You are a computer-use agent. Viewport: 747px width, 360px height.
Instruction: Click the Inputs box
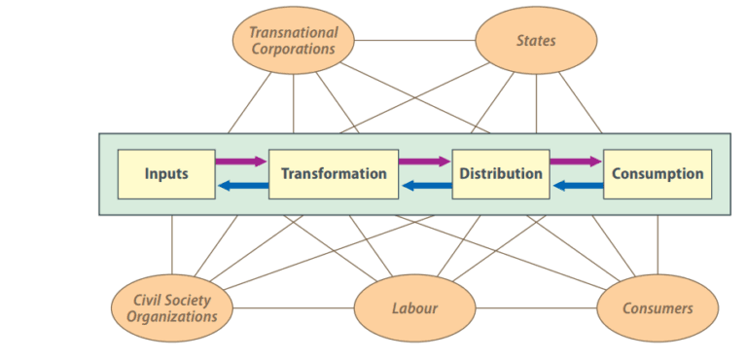(x=166, y=174)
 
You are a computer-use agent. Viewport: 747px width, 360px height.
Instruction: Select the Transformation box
(x=334, y=174)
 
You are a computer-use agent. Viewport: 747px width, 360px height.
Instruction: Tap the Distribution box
(x=501, y=174)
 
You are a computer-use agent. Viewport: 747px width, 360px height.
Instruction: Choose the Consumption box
(x=658, y=174)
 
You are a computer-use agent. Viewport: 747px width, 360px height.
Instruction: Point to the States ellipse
(x=536, y=41)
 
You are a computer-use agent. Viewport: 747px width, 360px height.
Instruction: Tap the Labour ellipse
(x=414, y=308)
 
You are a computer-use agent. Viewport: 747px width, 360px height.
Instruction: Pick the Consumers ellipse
(x=658, y=308)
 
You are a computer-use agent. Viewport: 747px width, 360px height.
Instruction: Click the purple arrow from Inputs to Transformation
(x=240, y=162)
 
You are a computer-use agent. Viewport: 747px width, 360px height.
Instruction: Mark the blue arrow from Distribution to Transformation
(x=425, y=186)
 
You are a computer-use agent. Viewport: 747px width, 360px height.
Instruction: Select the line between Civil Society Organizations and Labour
(x=292, y=309)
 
